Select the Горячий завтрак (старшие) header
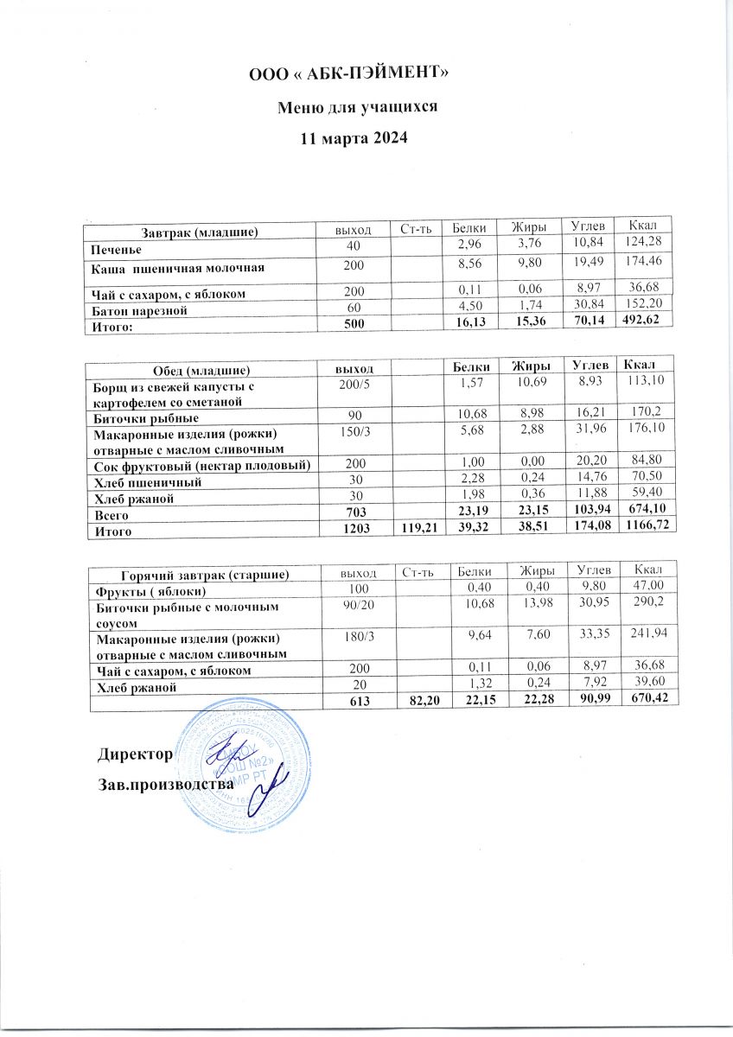(203, 574)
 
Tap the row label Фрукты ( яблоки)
(150, 591)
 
